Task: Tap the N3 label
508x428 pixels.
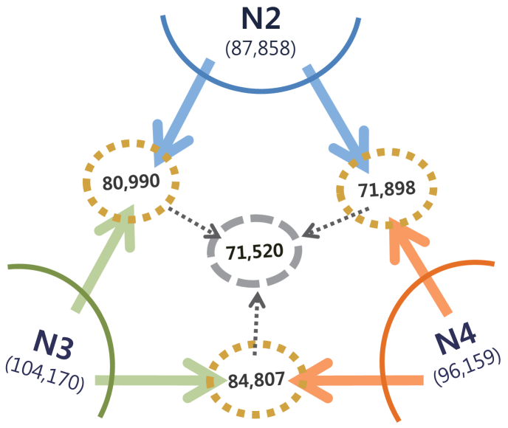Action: (x=58, y=342)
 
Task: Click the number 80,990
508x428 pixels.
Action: (x=131, y=182)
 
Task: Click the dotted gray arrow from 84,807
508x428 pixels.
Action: (x=255, y=321)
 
